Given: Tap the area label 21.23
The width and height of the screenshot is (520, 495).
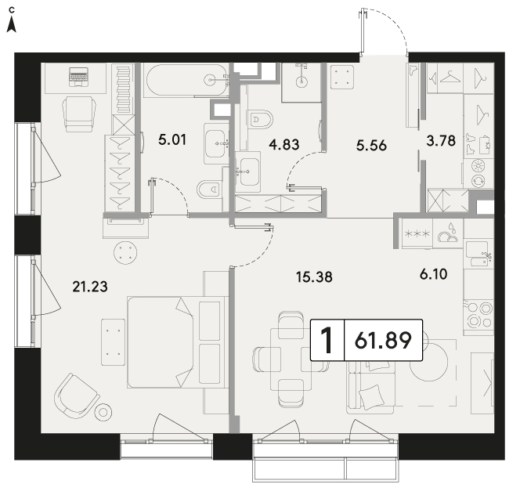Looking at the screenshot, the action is (90, 287).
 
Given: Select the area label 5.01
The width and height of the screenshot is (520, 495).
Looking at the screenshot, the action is (172, 139).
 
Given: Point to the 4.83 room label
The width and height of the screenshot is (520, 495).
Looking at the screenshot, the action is (283, 145).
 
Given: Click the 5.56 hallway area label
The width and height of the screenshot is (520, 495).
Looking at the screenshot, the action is (371, 146).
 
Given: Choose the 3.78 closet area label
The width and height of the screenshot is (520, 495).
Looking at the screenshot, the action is (441, 141).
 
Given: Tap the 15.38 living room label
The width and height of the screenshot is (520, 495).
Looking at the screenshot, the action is (314, 276).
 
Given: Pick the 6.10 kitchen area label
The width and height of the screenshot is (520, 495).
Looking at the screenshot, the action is (433, 274).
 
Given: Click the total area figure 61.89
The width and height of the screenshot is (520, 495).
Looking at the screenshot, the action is (383, 341).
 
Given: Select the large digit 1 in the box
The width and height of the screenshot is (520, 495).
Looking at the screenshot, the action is (327, 341).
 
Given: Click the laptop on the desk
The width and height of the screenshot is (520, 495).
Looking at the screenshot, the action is (78, 77).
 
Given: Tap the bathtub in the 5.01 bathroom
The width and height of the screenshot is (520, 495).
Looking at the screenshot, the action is (186, 81).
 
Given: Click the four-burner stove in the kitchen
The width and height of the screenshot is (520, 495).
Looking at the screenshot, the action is (478, 316).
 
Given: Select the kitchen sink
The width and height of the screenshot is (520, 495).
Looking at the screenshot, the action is (478, 255).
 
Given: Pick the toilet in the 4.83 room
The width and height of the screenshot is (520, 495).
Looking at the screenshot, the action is (260, 119).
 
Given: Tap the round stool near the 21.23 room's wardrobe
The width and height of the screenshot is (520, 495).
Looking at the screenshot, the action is (125, 253).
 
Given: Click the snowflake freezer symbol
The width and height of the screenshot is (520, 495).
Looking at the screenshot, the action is (417, 234).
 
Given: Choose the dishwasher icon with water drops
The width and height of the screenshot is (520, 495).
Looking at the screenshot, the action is (448, 234).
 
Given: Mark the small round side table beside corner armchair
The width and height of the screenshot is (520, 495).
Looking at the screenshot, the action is (103, 413).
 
